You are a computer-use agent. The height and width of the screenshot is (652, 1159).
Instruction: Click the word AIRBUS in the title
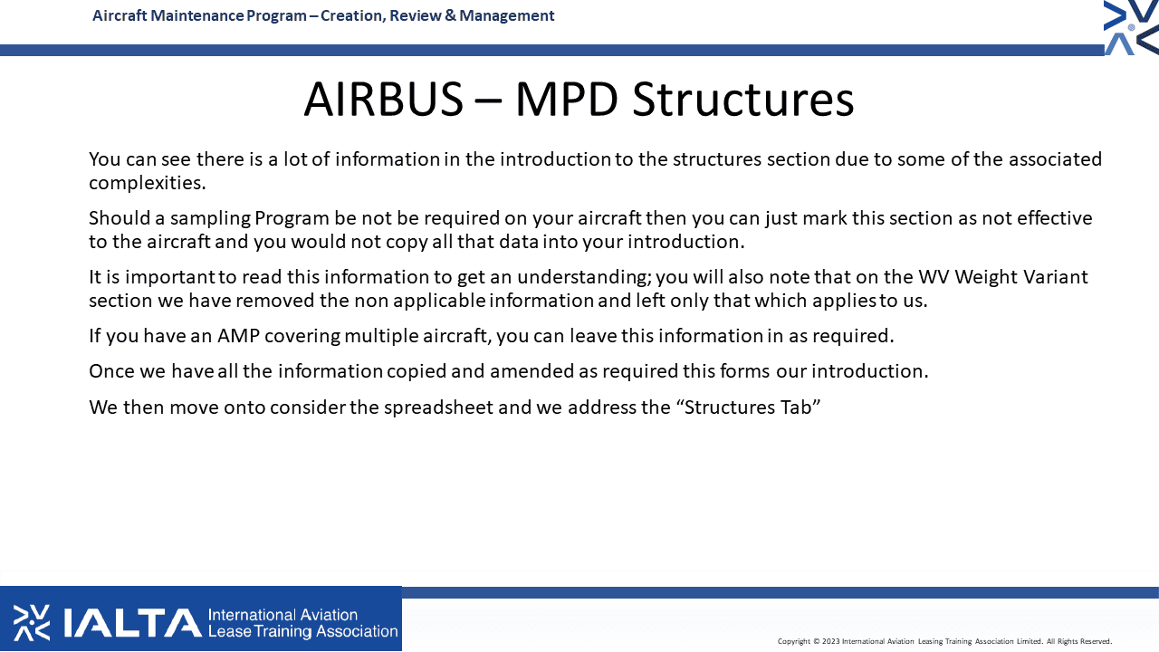pyautogui.click(x=383, y=99)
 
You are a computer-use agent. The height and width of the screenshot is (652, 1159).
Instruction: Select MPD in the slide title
pyautogui.click(x=567, y=99)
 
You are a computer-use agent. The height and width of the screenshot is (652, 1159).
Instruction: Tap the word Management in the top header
pyautogui.click(x=506, y=15)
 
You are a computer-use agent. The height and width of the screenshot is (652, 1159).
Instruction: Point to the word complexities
pyautogui.click(x=148, y=183)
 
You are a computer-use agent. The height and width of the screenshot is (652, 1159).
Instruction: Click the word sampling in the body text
pyautogui.click(x=211, y=218)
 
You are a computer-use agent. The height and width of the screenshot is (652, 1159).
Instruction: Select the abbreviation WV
pyautogui.click(x=934, y=277)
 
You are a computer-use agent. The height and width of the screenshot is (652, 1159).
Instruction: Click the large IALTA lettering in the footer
pyautogui.click(x=132, y=622)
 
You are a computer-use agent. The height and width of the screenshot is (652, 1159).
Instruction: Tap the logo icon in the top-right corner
pyautogui.click(x=1131, y=27)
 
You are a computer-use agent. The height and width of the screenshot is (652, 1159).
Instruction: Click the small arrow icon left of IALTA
pyautogui.click(x=32, y=622)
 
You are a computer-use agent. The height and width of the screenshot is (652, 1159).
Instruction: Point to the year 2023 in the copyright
pyautogui.click(x=831, y=642)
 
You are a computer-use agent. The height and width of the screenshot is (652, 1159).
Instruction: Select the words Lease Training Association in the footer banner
pyautogui.click(x=302, y=632)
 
